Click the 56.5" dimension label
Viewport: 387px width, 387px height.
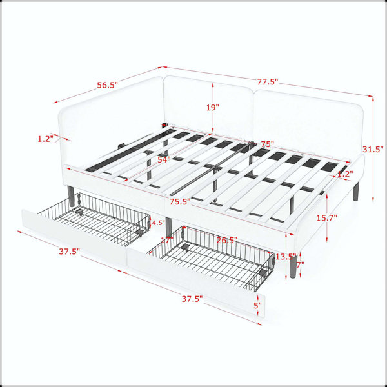point(107,85)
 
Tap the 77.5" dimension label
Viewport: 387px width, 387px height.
point(268,81)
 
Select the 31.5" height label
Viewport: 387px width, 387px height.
point(373,149)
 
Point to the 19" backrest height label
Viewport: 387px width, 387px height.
point(213,107)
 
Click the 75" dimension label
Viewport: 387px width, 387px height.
point(268,144)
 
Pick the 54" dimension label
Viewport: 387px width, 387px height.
point(164,159)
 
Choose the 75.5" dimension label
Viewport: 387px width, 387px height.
point(180,202)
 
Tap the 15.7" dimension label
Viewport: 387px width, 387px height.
point(327,218)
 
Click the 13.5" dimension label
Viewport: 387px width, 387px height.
point(286,257)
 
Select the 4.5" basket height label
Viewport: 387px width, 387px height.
point(158,223)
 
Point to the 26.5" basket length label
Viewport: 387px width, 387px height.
point(227,240)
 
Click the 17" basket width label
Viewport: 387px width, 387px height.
point(167,240)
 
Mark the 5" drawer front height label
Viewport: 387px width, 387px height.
point(257,305)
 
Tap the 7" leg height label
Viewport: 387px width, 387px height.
point(301,265)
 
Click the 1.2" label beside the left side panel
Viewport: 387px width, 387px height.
point(45,139)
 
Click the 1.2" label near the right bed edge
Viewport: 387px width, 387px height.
point(345,174)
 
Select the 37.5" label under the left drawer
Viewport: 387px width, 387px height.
point(70,252)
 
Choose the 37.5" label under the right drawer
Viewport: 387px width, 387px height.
point(192,299)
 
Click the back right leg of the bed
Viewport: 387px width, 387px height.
point(355,192)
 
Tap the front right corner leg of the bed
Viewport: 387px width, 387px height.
point(293,266)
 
